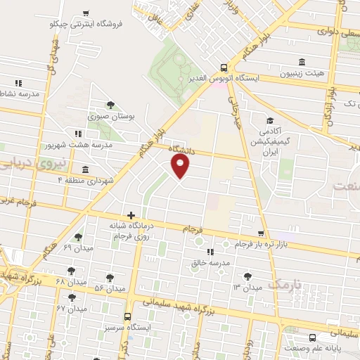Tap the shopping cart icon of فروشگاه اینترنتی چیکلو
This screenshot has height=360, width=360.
pyautogui.click(x=86, y=13)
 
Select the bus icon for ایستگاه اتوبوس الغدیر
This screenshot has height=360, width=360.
pyautogui.click(x=223, y=68)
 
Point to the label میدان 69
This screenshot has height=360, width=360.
pyautogui.click(x=77, y=248)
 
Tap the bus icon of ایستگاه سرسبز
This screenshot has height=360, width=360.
pyautogui.click(x=127, y=317)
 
